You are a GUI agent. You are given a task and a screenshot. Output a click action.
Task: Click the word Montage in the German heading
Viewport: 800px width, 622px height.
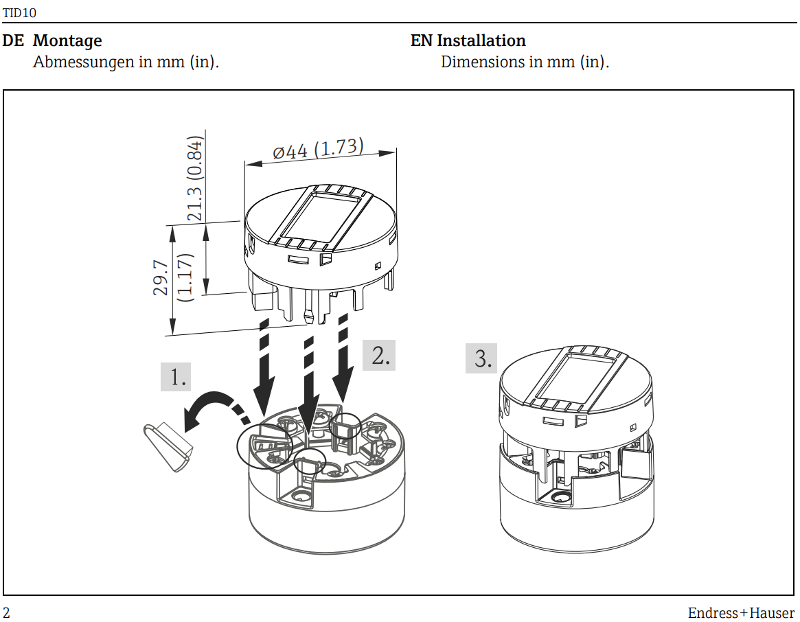(x=67, y=41)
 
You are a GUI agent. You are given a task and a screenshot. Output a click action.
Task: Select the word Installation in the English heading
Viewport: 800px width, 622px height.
(x=481, y=41)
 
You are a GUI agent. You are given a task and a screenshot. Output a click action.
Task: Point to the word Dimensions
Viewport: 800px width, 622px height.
(x=482, y=62)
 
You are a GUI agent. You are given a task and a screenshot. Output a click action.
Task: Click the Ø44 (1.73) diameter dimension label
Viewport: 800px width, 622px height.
(x=318, y=149)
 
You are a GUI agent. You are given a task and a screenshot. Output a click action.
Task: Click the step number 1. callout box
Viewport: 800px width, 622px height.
(x=176, y=377)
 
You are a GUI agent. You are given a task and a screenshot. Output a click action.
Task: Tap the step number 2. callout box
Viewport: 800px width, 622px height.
(x=378, y=356)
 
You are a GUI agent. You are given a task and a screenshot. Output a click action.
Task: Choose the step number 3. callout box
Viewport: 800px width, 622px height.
(x=481, y=358)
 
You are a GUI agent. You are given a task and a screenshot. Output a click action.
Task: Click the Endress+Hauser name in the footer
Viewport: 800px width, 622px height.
(x=741, y=613)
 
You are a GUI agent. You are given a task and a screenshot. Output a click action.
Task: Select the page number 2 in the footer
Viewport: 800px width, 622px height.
(x=7, y=612)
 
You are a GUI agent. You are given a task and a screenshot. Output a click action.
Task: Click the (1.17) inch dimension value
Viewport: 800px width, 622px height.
(x=184, y=277)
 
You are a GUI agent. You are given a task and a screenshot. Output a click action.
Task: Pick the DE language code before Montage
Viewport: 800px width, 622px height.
(x=13, y=41)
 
